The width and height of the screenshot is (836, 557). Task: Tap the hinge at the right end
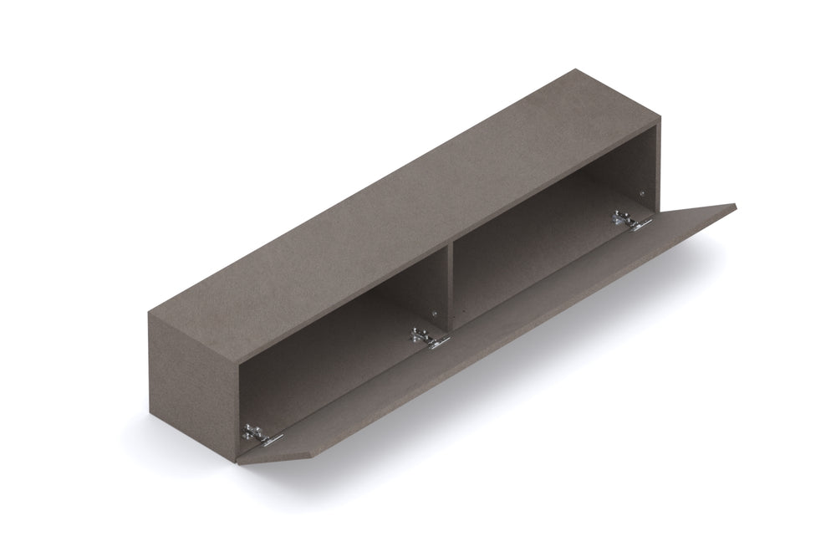tap(631, 221)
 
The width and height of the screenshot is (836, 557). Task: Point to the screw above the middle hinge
tap(433, 314)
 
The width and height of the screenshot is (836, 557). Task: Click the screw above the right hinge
tap(641, 194)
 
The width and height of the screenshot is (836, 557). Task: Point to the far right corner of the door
tap(735, 206)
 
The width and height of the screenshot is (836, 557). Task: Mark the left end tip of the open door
tap(238, 462)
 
